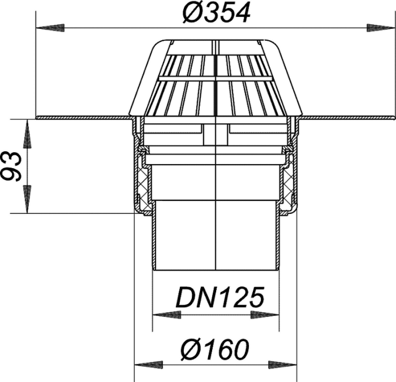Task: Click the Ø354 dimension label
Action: [217, 13]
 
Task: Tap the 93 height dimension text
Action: [11, 166]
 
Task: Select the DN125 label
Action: [220, 297]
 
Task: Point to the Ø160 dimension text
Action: [215, 349]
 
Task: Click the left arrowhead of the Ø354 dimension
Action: [50, 28]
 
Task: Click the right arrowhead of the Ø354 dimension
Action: [381, 28]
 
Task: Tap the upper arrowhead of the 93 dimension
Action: [27, 134]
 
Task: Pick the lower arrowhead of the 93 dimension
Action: [27, 199]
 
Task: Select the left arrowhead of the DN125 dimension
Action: [167, 315]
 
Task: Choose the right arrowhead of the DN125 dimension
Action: [265, 315]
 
